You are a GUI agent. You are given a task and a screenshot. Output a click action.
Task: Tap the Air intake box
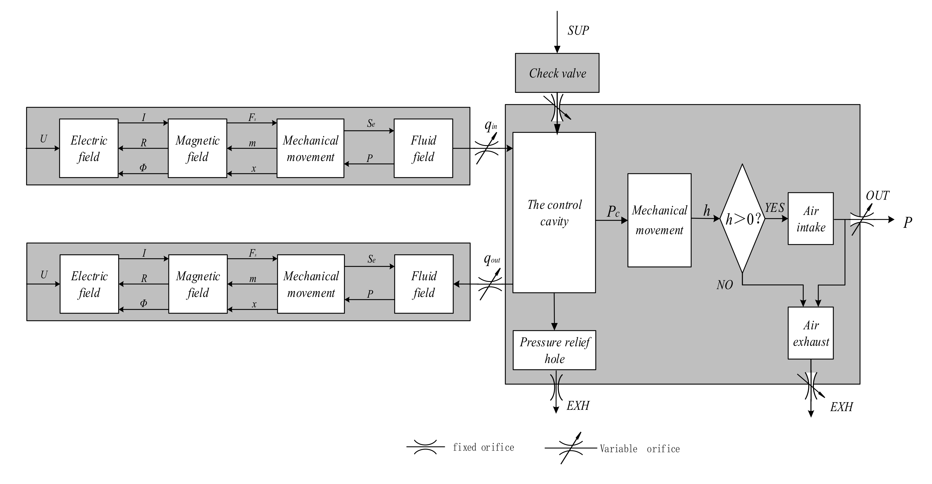(x=810, y=219)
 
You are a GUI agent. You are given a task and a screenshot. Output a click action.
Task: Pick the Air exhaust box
(x=810, y=333)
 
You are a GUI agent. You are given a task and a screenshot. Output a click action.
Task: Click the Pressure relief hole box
(x=554, y=350)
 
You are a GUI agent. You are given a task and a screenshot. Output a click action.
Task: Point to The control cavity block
(x=554, y=212)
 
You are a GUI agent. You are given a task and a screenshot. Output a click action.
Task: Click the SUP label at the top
(x=578, y=30)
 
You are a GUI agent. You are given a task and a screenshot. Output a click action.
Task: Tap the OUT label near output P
(x=877, y=196)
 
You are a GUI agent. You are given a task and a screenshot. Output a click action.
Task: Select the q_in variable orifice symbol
(x=487, y=148)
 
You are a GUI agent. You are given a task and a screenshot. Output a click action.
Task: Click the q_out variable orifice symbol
(x=490, y=284)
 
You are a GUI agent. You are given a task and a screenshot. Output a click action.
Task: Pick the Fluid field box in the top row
(x=423, y=148)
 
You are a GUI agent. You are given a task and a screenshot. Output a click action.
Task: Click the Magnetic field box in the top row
(x=198, y=148)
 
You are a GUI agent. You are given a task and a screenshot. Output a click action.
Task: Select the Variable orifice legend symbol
(x=570, y=448)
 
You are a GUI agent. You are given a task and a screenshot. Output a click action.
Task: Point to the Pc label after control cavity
(x=613, y=211)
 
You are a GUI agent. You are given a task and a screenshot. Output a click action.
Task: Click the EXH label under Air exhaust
(x=841, y=407)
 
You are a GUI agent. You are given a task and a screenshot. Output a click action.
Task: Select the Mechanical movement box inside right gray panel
(x=659, y=220)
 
